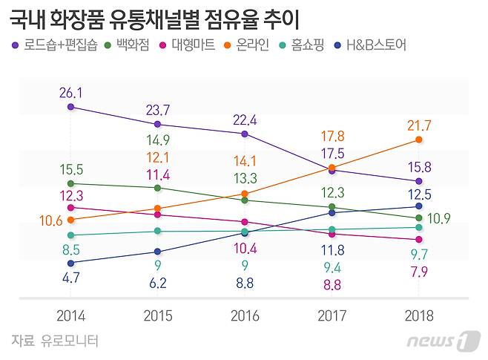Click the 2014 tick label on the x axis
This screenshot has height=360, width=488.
click(71, 315)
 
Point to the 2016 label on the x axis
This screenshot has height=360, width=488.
click(245, 315)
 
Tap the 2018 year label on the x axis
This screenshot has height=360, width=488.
click(419, 315)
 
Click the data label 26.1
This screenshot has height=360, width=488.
click(71, 92)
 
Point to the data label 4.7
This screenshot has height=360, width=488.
click(71, 279)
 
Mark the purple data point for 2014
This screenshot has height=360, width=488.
click(71, 107)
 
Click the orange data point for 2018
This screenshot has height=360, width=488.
click(419, 140)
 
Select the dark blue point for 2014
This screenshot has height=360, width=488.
click(71, 263)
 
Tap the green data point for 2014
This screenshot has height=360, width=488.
click(71, 183)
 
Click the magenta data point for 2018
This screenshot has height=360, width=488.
click(419, 240)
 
